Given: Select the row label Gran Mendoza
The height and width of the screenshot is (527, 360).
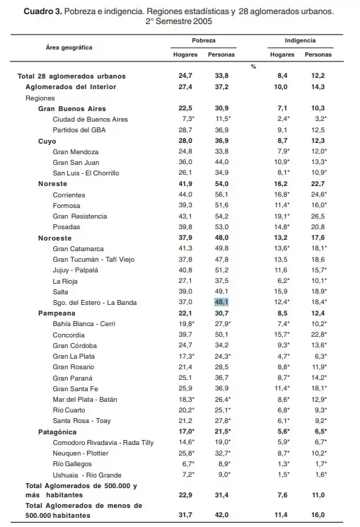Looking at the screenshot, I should tap(76, 151).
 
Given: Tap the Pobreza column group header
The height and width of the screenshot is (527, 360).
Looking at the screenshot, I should tap(204, 42).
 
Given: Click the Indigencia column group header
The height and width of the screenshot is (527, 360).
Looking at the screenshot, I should tap(300, 42).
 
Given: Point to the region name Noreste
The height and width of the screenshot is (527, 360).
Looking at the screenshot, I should tap(53, 183).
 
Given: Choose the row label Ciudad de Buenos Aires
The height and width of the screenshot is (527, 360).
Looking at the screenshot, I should tap(90, 120).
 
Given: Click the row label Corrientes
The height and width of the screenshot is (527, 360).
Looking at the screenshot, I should tap(69, 195).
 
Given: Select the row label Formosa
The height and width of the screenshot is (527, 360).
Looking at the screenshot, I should tap(66, 205).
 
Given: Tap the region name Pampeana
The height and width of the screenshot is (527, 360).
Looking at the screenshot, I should tap(57, 313).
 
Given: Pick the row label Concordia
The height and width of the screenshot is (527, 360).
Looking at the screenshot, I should tap(70, 334).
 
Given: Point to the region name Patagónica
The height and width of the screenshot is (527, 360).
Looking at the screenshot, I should tap(57, 431).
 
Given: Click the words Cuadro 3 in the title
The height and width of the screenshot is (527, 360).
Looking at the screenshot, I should tap(45, 13).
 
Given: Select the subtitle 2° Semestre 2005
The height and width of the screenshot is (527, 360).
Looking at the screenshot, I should tap(180, 23).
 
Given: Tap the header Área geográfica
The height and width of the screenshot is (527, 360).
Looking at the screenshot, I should tap(69, 47).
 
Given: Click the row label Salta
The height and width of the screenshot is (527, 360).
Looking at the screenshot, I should tap(61, 291).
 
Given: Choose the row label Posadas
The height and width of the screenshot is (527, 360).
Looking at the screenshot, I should tap(66, 226).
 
